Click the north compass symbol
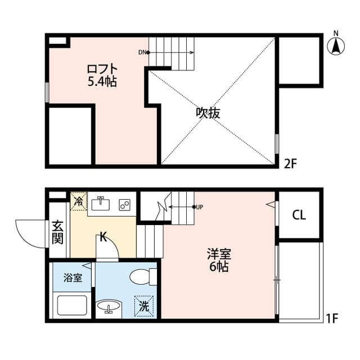(336, 44)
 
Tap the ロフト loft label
(101, 69)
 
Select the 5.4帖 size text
(101, 82)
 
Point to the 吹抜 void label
(208, 112)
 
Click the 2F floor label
(290, 164)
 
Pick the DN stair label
(142, 53)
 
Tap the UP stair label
(200, 207)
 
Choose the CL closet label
(299, 215)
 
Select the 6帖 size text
(219, 267)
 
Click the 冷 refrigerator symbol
(78, 201)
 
